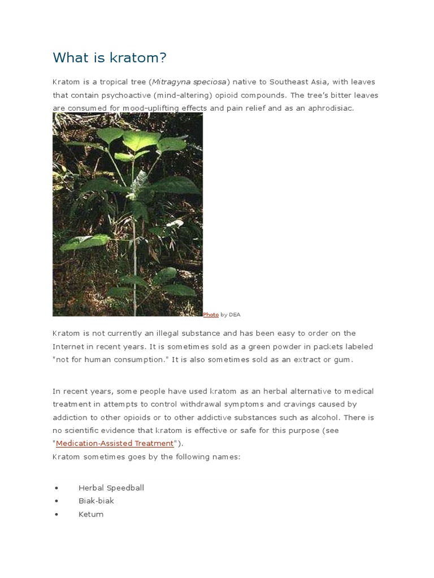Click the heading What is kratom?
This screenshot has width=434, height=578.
click(x=110, y=58)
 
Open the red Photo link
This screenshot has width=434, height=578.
click(x=211, y=314)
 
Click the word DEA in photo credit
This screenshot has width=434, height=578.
click(x=235, y=314)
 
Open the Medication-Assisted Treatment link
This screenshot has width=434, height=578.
click(x=115, y=444)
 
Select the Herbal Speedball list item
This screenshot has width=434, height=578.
click(x=111, y=488)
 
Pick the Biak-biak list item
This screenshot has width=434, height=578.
click(x=96, y=501)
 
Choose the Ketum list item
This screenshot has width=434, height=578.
click(x=91, y=514)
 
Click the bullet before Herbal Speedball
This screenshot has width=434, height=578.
click(x=57, y=488)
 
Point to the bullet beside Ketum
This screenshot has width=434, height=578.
click(x=57, y=515)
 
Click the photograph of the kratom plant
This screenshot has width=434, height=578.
click(x=128, y=214)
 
